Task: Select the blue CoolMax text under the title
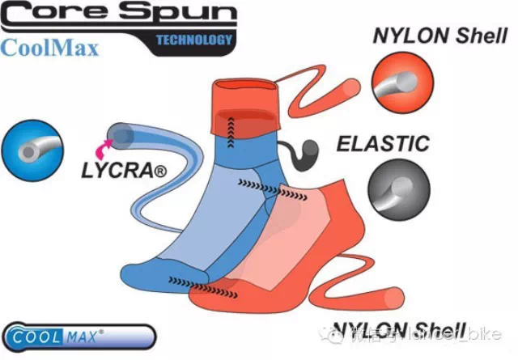point(50,47)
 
